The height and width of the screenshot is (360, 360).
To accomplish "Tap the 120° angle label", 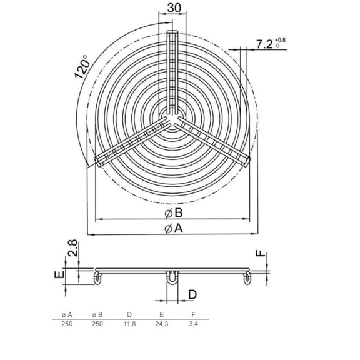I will click(81, 66).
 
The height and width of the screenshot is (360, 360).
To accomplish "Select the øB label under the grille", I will click(173, 212).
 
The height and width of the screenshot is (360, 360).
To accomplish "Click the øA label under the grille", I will click(173, 229).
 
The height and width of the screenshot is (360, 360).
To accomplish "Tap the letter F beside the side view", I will click(261, 254).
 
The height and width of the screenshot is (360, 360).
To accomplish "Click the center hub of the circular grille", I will click(172, 117).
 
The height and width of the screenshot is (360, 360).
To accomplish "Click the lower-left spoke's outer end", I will click(99, 161).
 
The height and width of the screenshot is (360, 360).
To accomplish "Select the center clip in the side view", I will click(172, 280).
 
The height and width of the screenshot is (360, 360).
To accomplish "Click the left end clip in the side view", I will click(98, 276).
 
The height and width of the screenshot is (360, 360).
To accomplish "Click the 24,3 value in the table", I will click(161, 324).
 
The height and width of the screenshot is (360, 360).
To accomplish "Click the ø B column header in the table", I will click(97, 314).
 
